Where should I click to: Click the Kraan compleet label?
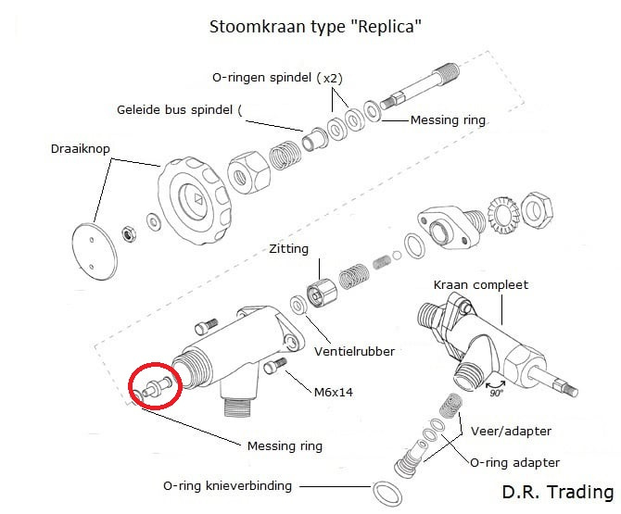coord(480,284)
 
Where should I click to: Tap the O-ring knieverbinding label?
coord(227,485)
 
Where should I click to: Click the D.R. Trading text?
coord(557,492)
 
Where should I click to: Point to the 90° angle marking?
coord(498,393)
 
